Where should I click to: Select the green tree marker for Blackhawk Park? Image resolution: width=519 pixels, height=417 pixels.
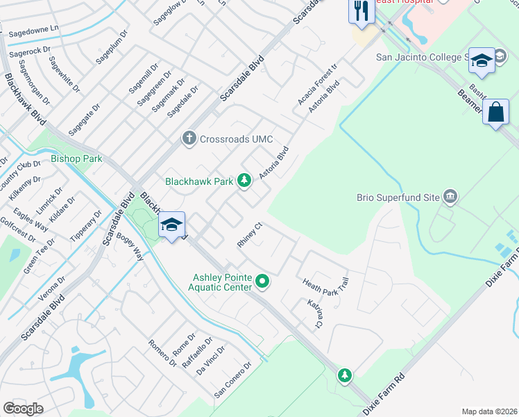(244, 181)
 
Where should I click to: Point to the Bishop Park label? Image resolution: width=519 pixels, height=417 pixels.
(76, 159)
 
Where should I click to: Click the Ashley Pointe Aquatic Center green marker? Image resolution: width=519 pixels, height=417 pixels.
(262, 281)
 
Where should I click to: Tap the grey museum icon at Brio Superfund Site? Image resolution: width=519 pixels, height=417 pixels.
(452, 197)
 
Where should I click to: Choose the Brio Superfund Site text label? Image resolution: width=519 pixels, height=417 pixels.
(398, 197)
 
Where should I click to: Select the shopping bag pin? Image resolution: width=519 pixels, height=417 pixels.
(497, 112)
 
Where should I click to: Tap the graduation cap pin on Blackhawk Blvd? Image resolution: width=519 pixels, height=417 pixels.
(171, 224)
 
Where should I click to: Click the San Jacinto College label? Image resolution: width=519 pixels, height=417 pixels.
(420, 58)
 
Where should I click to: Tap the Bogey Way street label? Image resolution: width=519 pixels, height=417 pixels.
(135, 247)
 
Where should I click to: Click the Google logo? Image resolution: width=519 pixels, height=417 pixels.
(23, 409)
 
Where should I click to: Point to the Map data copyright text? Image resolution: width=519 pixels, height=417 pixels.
(490, 411)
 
